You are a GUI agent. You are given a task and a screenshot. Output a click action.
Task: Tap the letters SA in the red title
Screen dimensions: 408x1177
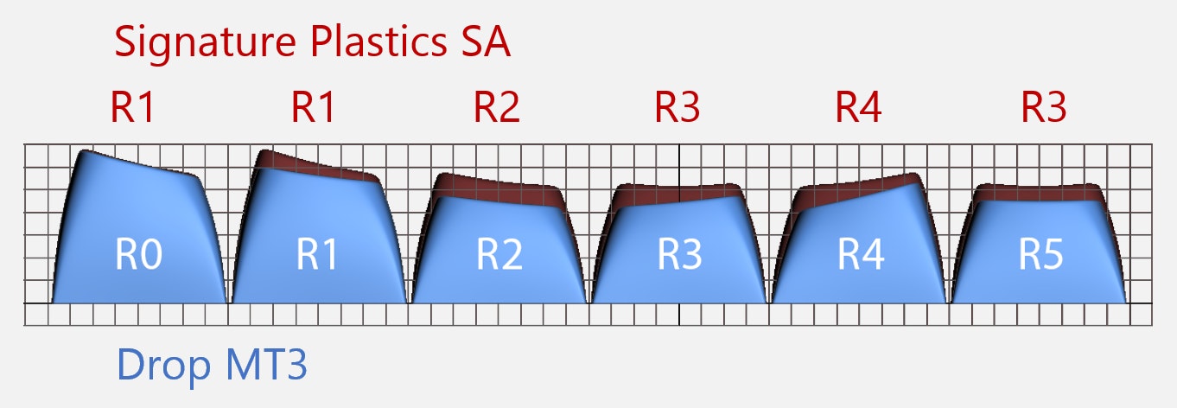tap(480, 41)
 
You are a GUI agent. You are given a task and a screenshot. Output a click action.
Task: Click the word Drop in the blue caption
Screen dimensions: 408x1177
tap(156, 367)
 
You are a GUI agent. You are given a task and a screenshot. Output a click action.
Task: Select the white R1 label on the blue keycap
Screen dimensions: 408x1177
tap(318, 257)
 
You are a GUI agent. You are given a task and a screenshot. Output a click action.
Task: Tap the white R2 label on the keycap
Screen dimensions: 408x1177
tap(499, 257)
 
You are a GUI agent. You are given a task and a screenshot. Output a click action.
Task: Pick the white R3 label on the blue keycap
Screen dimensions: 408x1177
tap(679, 257)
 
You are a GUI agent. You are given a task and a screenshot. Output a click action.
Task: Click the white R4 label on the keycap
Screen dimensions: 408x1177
tap(861, 257)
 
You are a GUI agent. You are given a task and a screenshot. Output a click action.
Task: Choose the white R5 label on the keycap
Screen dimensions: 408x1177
tap(1040, 257)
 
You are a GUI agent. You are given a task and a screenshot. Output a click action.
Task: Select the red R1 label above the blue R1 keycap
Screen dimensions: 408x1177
tap(314, 108)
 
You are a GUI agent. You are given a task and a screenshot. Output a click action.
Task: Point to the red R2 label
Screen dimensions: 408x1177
tap(497, 108)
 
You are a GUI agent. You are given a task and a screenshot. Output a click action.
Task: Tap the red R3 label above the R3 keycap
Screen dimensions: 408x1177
tap(677, 108)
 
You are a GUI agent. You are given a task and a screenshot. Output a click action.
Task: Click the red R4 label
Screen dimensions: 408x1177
tap(858, 108)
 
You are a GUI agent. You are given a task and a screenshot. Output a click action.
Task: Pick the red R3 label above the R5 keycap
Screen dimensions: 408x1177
tap(1043, 108)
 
